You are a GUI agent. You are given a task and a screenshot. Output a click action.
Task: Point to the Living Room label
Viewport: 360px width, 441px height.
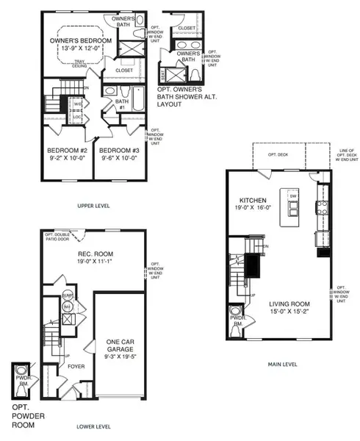coord(288,304)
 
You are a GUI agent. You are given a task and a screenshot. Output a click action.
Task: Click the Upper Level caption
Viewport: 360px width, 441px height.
coord(93,206)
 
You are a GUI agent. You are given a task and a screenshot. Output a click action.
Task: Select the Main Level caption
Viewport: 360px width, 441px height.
coord(283,362)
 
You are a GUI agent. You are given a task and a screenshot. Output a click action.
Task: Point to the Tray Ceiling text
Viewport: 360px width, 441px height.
coord(72,64)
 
